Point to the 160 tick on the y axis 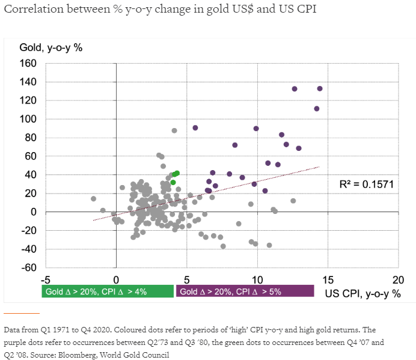click(x=28, y=63)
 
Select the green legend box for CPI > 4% click(x=108, y=291)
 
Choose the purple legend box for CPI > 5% click(x=244, y=291)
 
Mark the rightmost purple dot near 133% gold click(x=320, y=88)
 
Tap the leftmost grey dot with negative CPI click(x=94, y=198)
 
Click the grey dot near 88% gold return click(x=174, y=130)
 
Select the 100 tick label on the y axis click(x=28, y=119)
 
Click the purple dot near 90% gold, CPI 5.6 click(x=195, y=127)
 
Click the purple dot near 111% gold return click(x=317, y=109)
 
